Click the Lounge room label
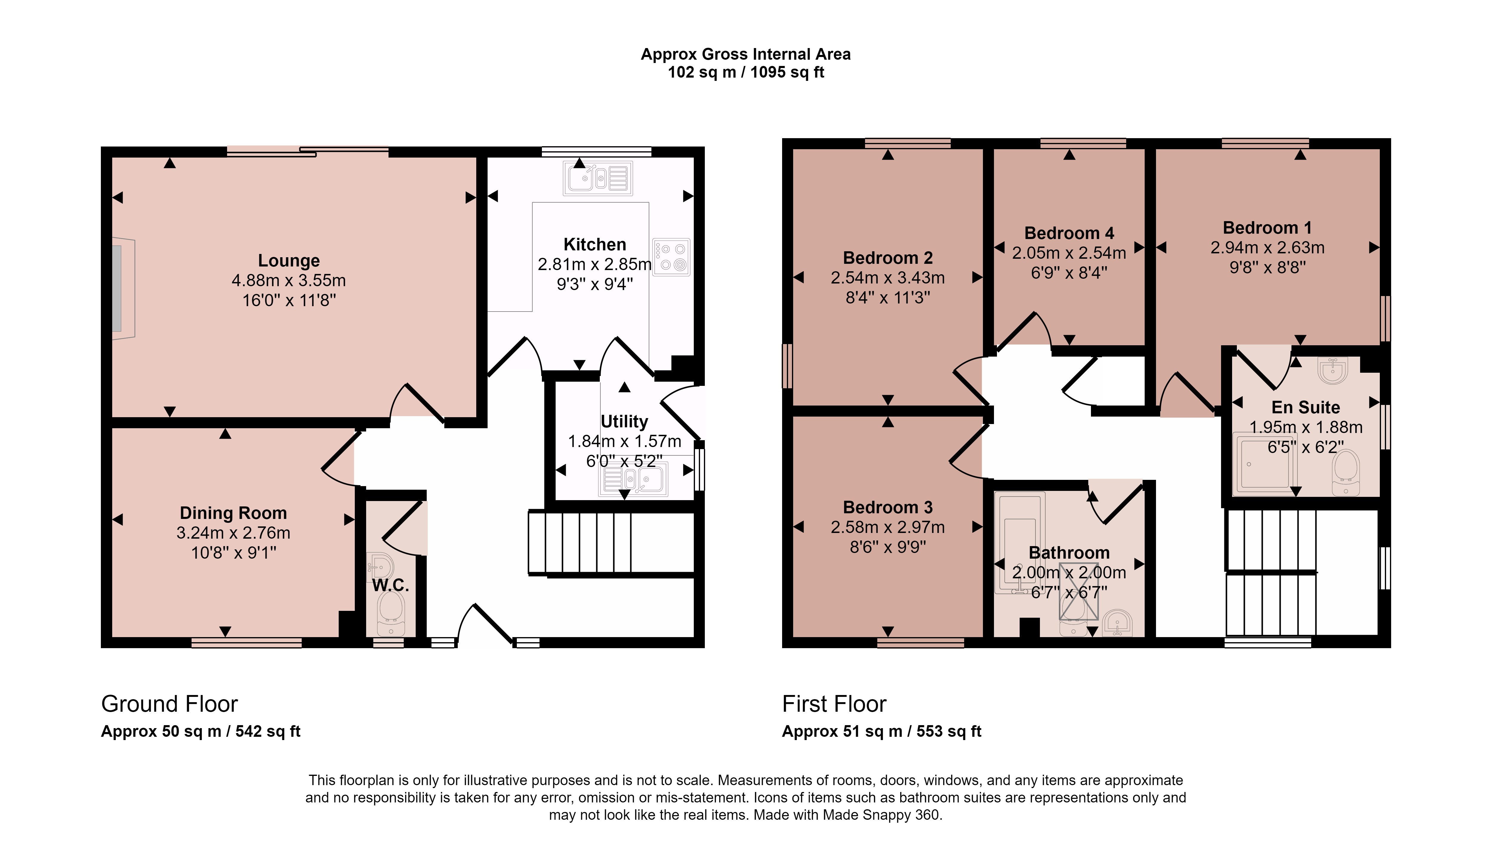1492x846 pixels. pos(289,260)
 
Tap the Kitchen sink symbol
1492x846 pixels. pos(597,178)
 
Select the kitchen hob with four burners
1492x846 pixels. pos(671,257)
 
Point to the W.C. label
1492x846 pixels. pos(390,585)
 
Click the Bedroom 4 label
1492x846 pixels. pos(1069,233)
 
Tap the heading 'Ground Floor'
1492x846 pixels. pos(170,704)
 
